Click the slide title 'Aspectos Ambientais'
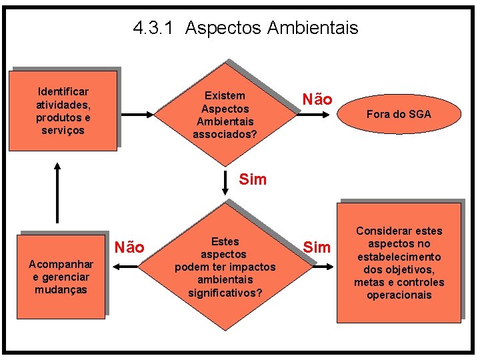(x=272, y=28)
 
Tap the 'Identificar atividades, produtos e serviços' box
(x=63, y=111)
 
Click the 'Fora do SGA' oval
(x=399, y=114)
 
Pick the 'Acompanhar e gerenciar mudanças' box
(x=61, y=277)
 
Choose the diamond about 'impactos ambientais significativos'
(x=225, y=267)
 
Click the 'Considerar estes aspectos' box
(x=399, y=263)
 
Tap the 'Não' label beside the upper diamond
(x=317, y=99)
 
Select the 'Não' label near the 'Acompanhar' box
(x=130, y=247)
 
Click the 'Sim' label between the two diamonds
(x=253, y=179)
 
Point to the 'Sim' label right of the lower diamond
(x=317, y=247)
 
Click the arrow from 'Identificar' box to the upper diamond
(x=138, y=115)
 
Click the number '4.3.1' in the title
(x=154, y=28)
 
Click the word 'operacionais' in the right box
(x=399, y=295)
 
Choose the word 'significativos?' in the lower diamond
(x=225, y=293)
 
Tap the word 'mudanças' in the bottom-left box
(x=61, y=290)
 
